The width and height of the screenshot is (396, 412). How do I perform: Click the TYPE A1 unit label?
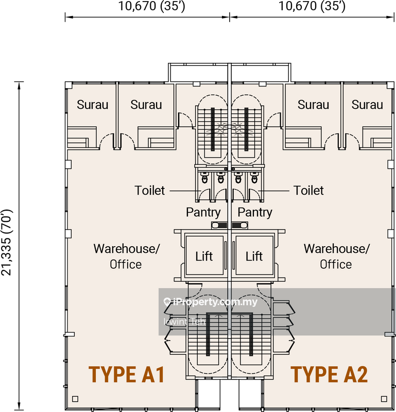tap(127, 374)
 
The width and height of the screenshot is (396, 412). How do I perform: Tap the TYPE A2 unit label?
tap(329, 374)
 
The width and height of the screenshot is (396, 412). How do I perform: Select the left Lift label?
tap(204, 256)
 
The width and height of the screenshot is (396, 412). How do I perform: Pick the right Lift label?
tap(254, 256)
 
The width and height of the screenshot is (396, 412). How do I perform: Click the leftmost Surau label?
tap(93, 105)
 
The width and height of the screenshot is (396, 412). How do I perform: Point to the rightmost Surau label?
tap(367, 105)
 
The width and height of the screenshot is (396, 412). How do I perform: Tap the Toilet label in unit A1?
tap(150, 191)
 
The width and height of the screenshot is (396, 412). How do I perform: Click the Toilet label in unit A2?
tap(308, 191)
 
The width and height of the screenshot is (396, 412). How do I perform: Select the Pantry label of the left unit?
tap(203, 213)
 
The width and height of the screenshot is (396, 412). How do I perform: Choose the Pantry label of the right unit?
tap(255, 213)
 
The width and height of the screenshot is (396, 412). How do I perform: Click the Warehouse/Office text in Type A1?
tap(126, 256)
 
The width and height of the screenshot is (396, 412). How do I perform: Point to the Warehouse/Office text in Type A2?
tap(337, 256)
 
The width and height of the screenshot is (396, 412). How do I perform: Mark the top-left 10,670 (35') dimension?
tap(151, 6)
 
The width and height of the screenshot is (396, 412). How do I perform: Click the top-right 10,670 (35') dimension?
tap(312, 6)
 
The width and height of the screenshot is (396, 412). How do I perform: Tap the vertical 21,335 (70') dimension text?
tap(7, 242)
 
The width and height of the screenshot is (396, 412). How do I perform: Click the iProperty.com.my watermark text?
tap(210, 302)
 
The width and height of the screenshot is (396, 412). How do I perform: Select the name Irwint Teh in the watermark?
tap(184, 321)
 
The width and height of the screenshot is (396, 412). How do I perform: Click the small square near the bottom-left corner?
tap(75, 399)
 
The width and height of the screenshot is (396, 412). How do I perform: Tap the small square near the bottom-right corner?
tap(384, 399)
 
